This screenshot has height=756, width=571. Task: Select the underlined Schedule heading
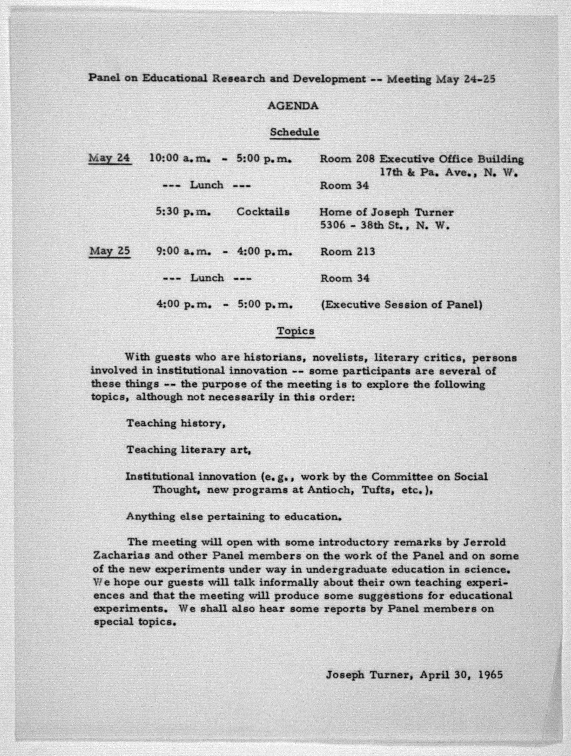(294, 132)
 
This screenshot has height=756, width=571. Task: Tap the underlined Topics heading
(296, 331)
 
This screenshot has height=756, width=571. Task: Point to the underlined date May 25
(110, 251)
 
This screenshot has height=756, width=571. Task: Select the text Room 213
(347, 252)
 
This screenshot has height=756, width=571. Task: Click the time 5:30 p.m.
(183, 212)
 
